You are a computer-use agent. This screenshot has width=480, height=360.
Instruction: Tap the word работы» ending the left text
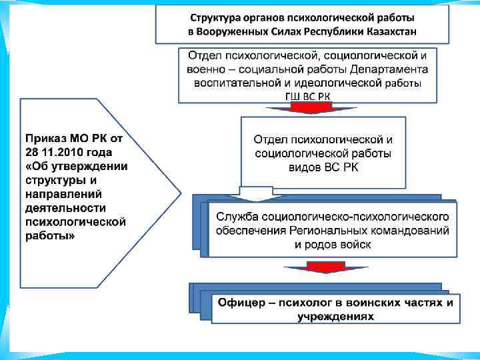[x=50, y=236]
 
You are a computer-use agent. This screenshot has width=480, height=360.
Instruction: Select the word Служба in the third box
[x=239, y=217]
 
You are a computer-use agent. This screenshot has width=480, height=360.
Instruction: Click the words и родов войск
[x=332, y=245]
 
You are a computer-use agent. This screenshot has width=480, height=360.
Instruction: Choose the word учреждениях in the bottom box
[x=335, y=317]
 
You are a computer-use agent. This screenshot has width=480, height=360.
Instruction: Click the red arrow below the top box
[x=307, y=109]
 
